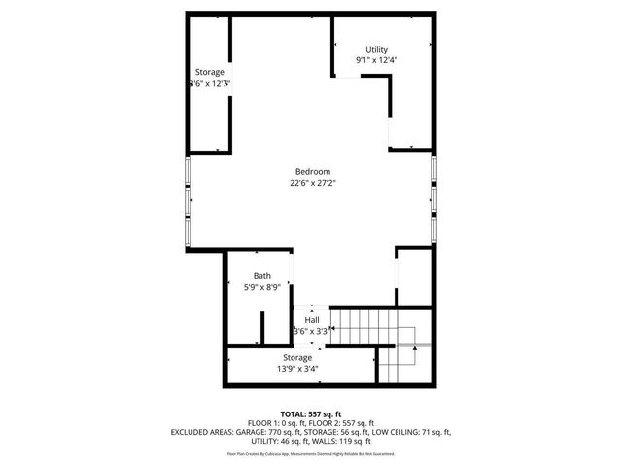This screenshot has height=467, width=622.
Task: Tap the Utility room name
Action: click(376, 50)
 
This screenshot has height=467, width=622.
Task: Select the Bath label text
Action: click(262, 276)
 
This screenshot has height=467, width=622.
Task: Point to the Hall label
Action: click(312, 320)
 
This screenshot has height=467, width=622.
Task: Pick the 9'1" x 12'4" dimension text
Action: click(376, 60)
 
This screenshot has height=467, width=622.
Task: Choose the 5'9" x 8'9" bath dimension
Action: click(261, 287)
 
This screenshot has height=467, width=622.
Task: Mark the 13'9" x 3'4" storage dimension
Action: click(297, 368)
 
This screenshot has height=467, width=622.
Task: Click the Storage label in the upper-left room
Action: click(209, 73)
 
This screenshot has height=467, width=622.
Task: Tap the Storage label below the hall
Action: click(297, 357)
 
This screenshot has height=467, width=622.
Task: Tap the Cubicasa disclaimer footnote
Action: click(311, 453)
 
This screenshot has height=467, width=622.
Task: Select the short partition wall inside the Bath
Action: click(263, 328)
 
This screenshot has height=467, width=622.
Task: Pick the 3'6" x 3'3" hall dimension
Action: click(311, 331)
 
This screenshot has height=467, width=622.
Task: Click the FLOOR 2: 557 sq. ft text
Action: click(344, 423)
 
